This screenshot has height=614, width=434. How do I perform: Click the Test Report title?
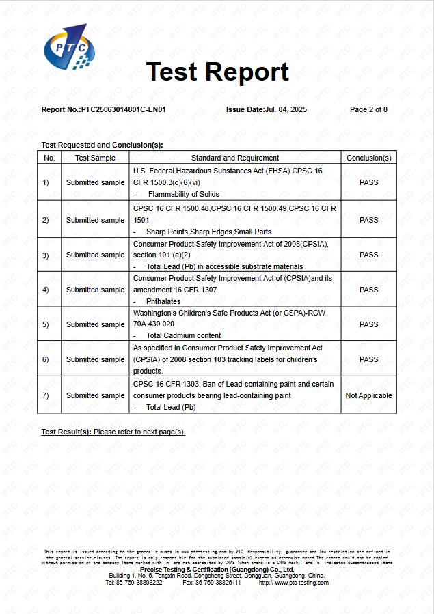(217, 72)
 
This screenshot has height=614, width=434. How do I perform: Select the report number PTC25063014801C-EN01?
(123, 109)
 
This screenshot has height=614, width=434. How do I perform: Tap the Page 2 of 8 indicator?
(368, 109)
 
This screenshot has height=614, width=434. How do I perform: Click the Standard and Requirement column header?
(235, 158)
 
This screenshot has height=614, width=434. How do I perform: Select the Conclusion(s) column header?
(368, 158)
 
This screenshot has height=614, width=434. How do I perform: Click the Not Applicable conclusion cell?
(368, 395)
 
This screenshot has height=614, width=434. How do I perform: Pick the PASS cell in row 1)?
(368, 182)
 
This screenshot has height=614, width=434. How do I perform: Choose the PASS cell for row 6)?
(368, 359)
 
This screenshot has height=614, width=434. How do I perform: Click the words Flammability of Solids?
(183, 194)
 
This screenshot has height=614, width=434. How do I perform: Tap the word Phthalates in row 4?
(165, 301)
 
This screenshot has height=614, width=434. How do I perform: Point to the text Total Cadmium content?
(183, 335)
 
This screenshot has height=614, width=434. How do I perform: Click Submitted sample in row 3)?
(95, 255)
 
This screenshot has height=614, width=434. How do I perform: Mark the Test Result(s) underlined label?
(66, 432)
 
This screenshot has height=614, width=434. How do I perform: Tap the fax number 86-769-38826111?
(218, 583)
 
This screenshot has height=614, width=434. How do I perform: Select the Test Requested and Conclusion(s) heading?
(102, 145)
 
